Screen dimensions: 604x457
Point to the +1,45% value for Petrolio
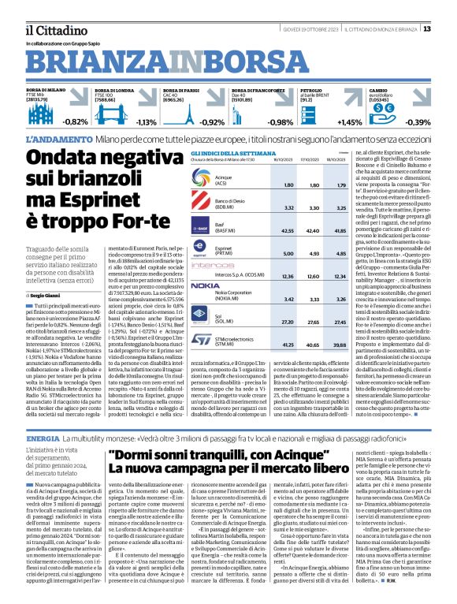click(350, 122)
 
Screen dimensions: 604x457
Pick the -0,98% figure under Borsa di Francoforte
click(280, 122)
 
